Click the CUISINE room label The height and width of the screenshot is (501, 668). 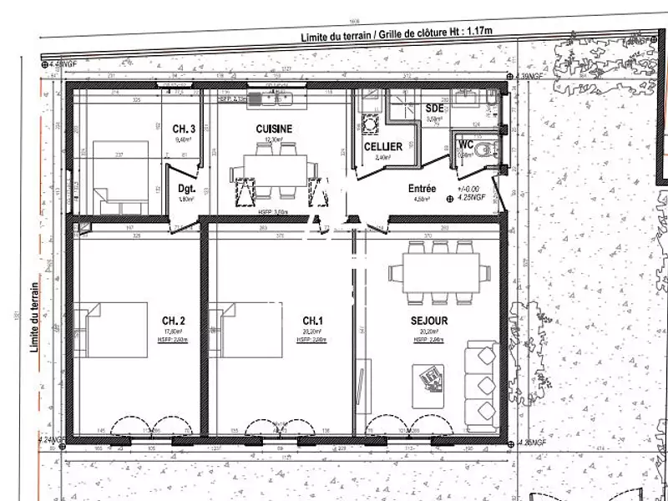274,129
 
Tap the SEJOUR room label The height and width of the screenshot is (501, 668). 430,321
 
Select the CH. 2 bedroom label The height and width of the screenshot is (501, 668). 173,321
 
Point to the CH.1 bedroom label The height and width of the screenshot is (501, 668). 313,321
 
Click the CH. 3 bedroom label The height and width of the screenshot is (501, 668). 184,129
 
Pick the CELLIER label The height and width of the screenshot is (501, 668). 383,147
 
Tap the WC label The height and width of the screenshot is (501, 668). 466,144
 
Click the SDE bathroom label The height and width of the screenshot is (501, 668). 434,109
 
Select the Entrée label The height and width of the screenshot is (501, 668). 423,189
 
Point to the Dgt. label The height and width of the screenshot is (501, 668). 186,189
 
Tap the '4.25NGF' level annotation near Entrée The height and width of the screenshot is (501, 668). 474,199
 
